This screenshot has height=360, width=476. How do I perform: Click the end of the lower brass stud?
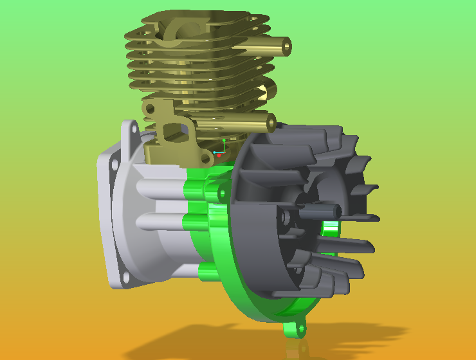click(x=271, y=122)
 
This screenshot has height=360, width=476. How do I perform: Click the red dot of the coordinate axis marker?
click(x=219, y=155)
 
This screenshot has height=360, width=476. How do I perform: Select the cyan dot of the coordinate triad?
click(x=214, y=152)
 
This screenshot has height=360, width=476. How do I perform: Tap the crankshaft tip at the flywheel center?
click(x=335, y=210)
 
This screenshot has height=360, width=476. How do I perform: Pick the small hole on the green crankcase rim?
click(x=222, y=191)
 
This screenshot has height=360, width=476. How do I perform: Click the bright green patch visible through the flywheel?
click(x=330, y=227)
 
